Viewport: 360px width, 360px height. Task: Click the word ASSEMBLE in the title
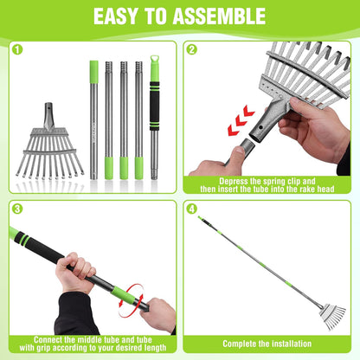pyautogui.click(x=213, y=16)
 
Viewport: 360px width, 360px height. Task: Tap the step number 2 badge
pyautogui.click(x=192, y=50)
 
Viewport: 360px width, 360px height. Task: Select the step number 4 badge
pyautogui.click(x=192, y=209)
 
